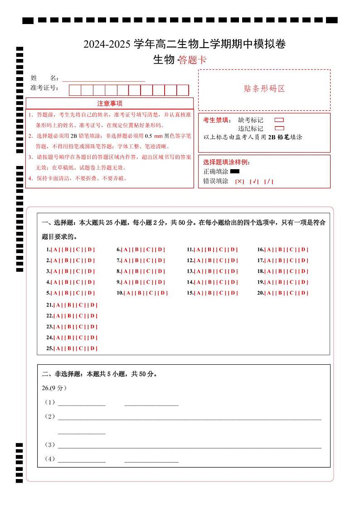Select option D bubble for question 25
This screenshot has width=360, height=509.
click(x=92, y=348)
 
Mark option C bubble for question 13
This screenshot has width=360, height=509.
click(x=222, y=271)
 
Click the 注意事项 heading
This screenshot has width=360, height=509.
click(x=110, y=103)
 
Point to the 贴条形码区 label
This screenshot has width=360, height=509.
click(x=264, y=89)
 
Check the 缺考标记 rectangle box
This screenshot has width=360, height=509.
click(x=279, y=120)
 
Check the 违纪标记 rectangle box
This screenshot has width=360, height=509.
click(x=279, y=128)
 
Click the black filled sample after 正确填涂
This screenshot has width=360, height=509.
click(x=234, y=171)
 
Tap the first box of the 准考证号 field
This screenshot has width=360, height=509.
click(x=75, y=90)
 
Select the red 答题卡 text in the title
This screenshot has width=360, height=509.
click(x=192, y=60)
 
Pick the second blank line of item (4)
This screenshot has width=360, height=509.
click(x=151, y=461)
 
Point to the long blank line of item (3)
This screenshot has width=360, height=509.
click(x=190, y=447)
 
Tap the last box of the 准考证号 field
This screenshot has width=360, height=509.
click(x=183, y=90)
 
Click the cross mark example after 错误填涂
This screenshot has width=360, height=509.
click(x=239, y=181)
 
